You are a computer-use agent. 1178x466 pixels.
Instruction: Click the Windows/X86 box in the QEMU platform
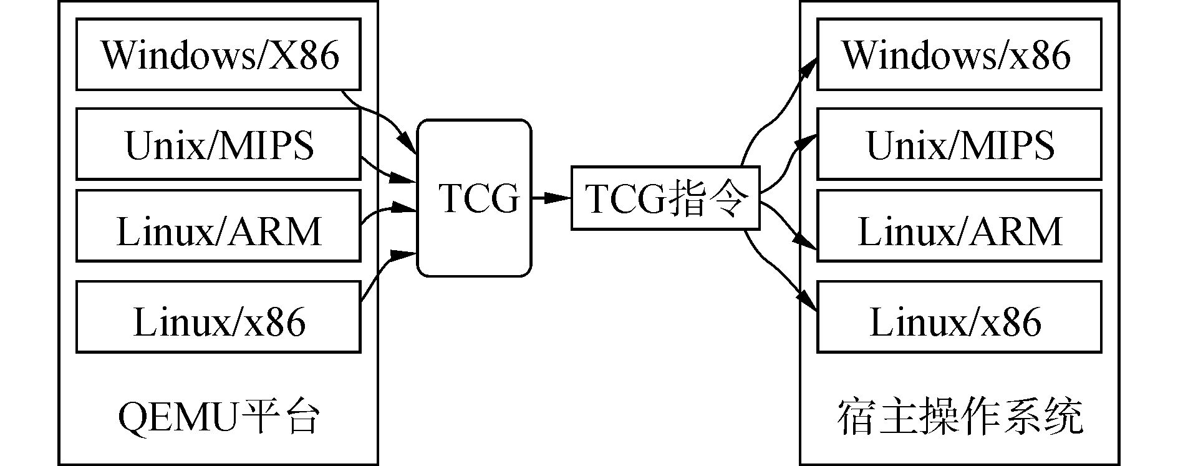click(218, 54)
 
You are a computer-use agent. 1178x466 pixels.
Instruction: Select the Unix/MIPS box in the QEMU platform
click(218, 144)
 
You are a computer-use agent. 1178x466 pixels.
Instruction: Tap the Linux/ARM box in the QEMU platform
click(218, 226)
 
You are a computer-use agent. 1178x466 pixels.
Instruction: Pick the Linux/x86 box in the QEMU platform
click(218, 317)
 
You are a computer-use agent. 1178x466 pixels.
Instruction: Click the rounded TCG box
click(474, 198)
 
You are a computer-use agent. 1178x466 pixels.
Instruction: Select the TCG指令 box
click(665, 198)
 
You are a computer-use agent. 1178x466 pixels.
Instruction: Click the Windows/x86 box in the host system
click(959, 54)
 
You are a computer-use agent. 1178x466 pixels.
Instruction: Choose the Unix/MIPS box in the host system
click(959, 144)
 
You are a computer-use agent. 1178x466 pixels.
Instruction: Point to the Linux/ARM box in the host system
click(959, 226)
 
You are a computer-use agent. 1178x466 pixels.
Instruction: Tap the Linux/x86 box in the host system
click(959, 317)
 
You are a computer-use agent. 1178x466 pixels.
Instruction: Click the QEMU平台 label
click(218, 417)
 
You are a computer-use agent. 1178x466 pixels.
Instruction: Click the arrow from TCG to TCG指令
click(551, 198)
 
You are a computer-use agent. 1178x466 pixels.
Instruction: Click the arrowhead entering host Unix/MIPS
click(807, 141)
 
